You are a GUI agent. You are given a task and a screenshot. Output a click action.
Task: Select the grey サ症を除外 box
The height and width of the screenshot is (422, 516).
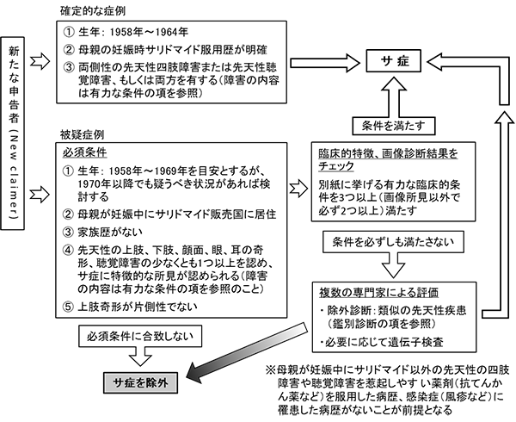pos(142,378)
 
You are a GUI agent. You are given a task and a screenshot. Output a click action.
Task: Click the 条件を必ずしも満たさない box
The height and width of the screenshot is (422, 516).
pos(387,236)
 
